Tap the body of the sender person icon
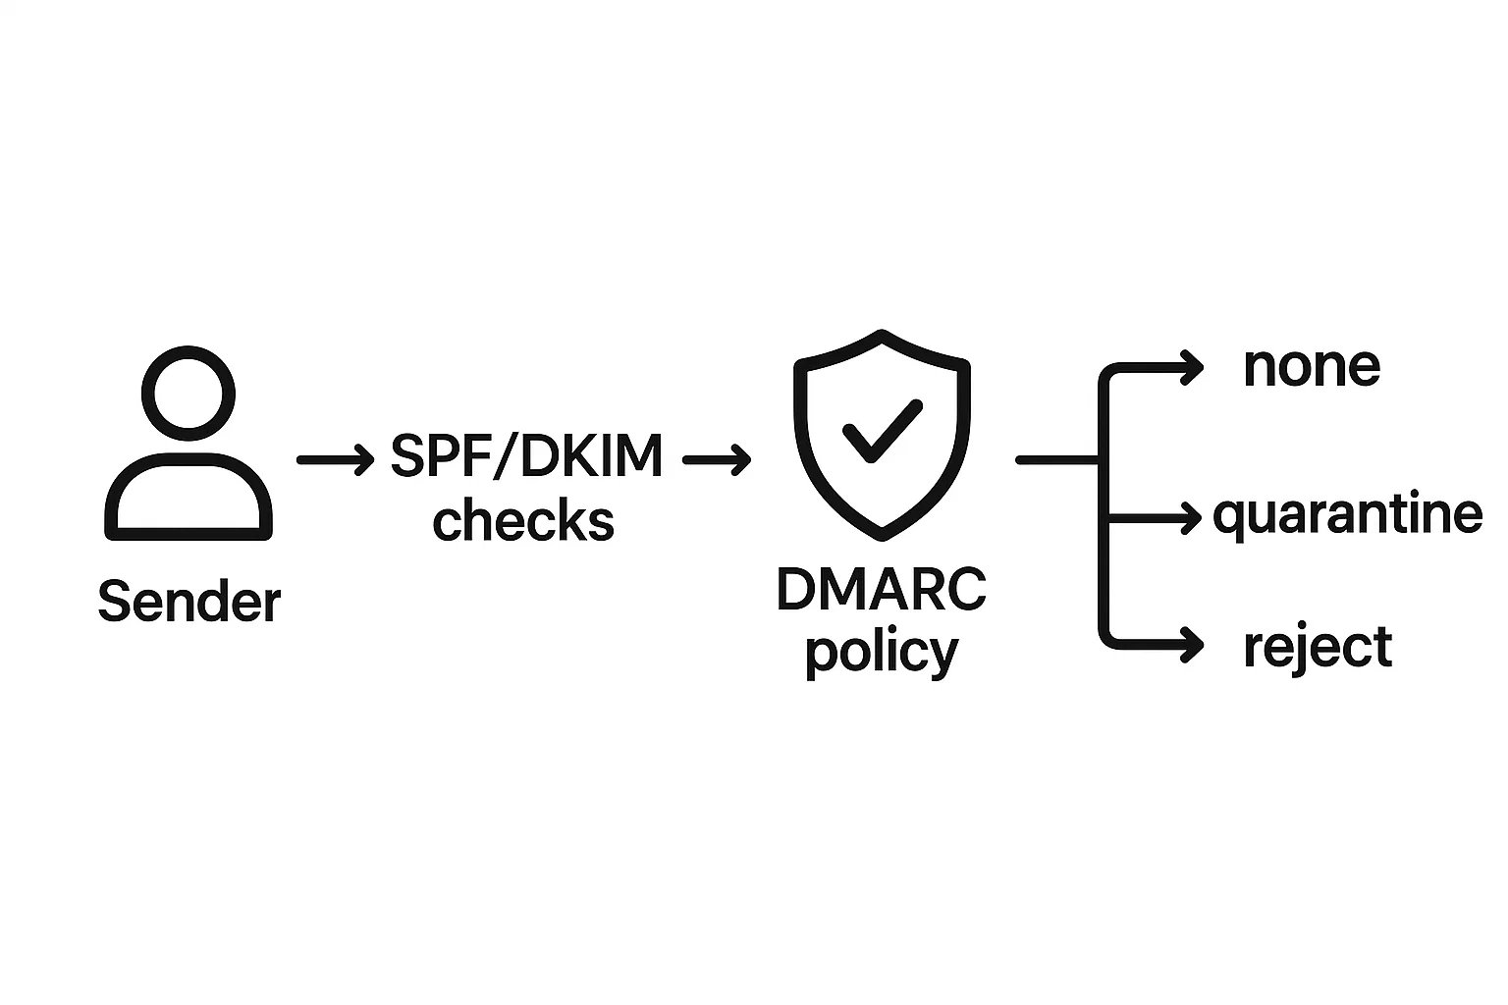click(x=188, y=498)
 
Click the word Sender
click(x=189, y=601)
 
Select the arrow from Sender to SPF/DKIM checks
click(x=335, y=458)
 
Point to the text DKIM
click(x=591, y=456)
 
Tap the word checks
click(x=523, y=521)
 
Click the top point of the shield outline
click(x=883, y=335)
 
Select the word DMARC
click(x=881, y=591)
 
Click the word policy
click(x=881, y=651)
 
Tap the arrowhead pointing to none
click(x=1193, y=368)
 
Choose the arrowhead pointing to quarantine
click(x=1192, y=516)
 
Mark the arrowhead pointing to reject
click(x=1193, y=645)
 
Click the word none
click(x=1312, y=367)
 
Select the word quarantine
click(x=1347, y=515)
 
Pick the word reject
click(x=1318, y=648)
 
